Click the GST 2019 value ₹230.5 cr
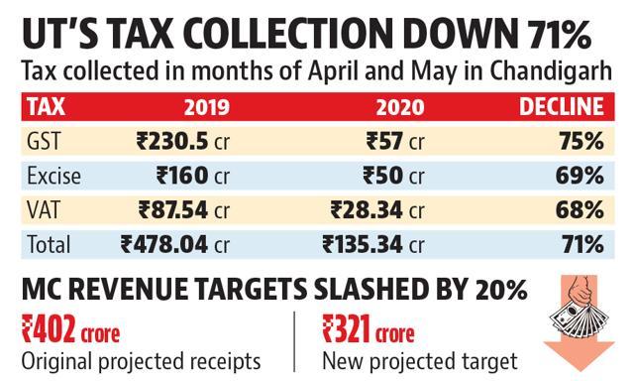182,142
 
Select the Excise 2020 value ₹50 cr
393,177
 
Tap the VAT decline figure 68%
580,210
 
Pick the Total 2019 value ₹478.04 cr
175,245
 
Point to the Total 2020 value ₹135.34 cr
373,245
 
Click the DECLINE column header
562,107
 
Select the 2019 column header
207,107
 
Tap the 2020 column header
400,107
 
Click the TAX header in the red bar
46,107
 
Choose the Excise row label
53,177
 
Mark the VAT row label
43,210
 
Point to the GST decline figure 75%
581,142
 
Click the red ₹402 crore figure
70,329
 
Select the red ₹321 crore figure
369,329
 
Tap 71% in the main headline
559,34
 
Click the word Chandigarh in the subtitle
551,71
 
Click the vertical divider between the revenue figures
294,341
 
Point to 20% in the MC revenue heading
501,289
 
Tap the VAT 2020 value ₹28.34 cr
377,210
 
